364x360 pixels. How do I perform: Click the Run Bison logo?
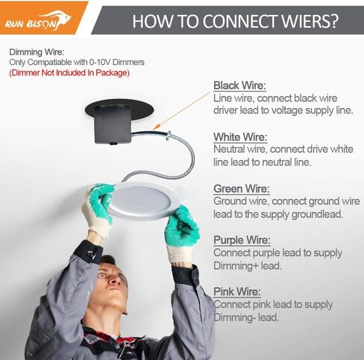[38, 20]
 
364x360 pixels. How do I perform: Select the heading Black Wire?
[239, 86]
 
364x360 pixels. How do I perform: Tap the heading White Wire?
[240, 137]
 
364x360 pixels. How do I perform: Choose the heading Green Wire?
[242, 189]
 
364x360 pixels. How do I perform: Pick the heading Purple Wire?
[242, 240]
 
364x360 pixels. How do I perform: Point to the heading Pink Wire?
[237, 291]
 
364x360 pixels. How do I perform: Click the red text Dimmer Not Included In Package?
[69, 73]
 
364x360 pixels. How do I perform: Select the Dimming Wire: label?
[37, 52]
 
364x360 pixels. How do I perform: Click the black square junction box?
[113, 124]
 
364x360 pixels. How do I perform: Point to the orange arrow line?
[182, 110]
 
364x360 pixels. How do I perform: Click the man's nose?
[113, 280]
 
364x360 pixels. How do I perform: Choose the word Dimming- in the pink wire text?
[234, 318]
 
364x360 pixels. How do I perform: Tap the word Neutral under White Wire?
[229, 149]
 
